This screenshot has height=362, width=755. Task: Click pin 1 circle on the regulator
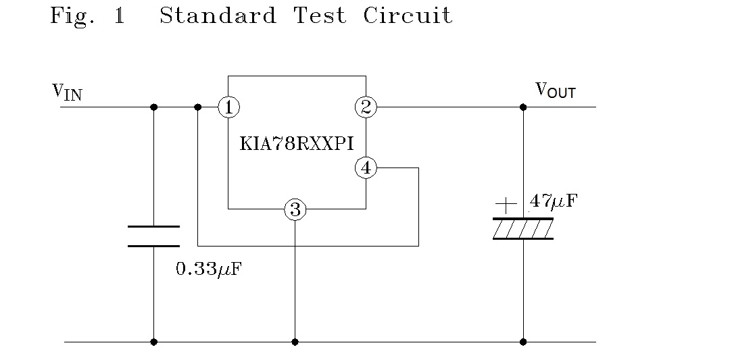point(228,107)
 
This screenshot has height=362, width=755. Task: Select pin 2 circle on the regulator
point(366,107)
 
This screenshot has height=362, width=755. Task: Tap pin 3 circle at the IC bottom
point(295,209)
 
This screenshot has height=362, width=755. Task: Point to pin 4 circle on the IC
point(366,167)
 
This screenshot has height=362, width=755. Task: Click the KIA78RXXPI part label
point(297,143)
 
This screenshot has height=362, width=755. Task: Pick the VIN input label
point(68,92)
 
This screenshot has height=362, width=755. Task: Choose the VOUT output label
point(556,90)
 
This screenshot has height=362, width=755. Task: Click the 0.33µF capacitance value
point(208,269)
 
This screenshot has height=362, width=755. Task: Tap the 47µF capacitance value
point(554,201)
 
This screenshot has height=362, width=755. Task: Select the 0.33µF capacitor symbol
point(153,236)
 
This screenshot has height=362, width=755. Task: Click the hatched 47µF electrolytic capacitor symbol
point(523,229)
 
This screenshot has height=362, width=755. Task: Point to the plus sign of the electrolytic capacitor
point(506,203)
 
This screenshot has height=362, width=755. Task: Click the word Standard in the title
point(218,16)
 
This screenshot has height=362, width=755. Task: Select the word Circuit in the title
point(408,16)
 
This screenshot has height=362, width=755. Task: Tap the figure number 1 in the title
point(120,16)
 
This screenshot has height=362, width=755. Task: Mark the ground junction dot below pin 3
point(295,342)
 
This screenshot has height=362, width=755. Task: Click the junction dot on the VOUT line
point(523,107)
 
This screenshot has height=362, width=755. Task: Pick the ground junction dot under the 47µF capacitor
point(523,342)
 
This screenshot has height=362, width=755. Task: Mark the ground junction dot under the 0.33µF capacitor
point(153,342)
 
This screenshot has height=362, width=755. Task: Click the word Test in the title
point(320,16)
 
